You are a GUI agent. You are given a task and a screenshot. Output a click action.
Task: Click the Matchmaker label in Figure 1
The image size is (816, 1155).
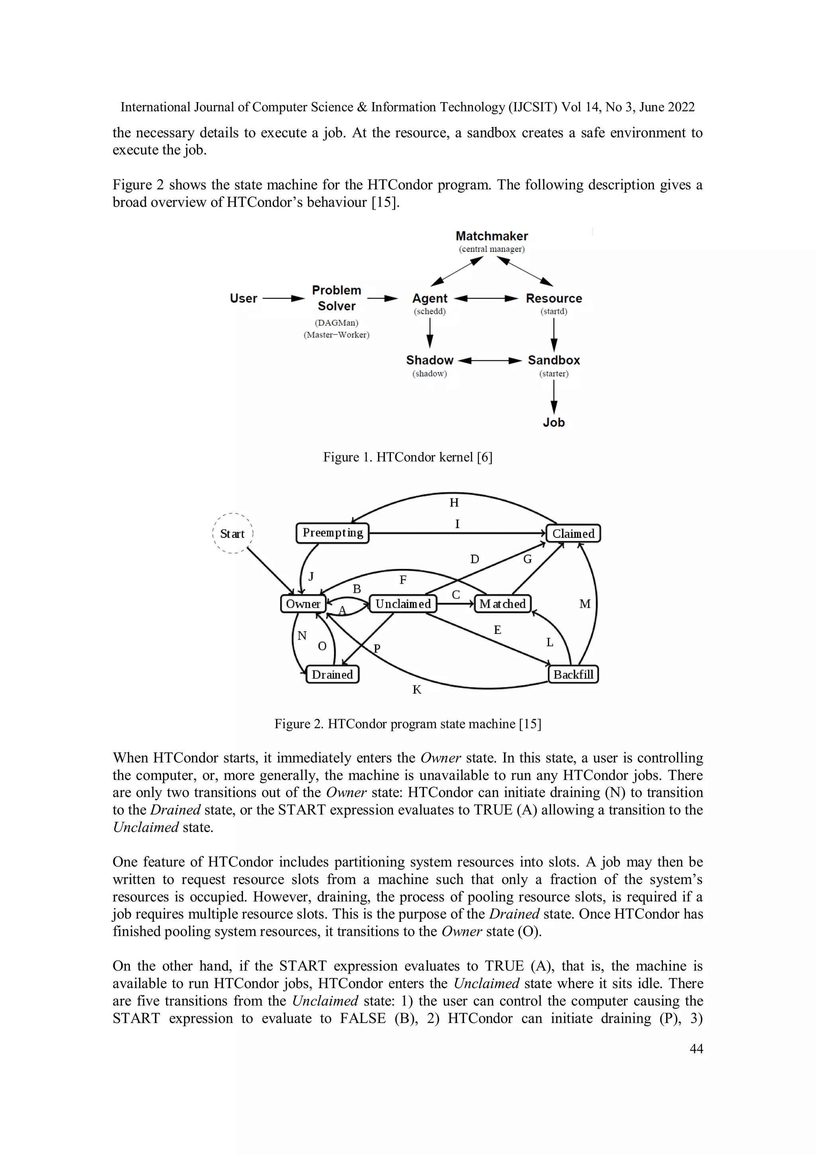(x=491, y=236)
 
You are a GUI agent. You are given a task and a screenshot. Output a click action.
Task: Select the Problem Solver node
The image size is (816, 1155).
(x=336, y=298)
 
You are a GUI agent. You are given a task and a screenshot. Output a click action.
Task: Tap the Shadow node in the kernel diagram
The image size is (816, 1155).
(x=430, y=360)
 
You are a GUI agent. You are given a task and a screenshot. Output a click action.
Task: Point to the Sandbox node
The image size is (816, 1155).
(x=553, y=360)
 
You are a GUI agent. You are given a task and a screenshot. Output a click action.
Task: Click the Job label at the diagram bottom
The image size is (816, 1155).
(x=553, y=423)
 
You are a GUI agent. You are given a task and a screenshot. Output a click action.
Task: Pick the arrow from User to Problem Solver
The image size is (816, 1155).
(x=283, y=298)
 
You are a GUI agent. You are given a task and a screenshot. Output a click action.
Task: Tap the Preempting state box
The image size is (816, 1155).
(x=332, y=533)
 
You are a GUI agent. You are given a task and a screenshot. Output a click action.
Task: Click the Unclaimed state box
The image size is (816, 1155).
(x=403, y=604)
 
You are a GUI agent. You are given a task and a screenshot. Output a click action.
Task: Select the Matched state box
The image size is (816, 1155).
(x=502, y=604)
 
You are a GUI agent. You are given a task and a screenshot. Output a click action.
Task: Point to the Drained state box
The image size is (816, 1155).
(x=332, y=675)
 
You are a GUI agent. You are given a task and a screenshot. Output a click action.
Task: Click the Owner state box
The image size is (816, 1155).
(x=303, y=604)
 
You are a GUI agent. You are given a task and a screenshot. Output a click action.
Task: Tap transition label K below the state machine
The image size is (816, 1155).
(x=417, y=690)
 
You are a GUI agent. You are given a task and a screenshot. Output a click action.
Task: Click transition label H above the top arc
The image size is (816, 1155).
(x=454, y=502)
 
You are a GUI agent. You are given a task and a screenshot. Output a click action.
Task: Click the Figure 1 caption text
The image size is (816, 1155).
(x=408, y=457)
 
